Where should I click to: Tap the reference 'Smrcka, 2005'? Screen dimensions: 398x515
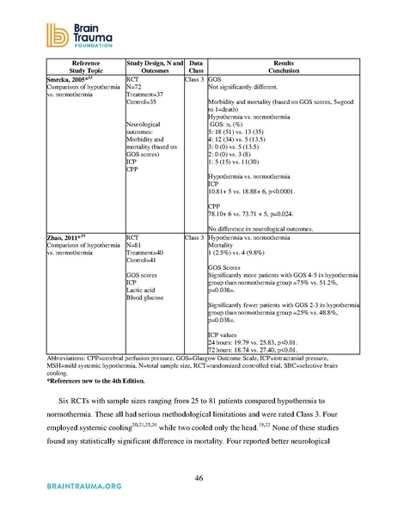point(68,79)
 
